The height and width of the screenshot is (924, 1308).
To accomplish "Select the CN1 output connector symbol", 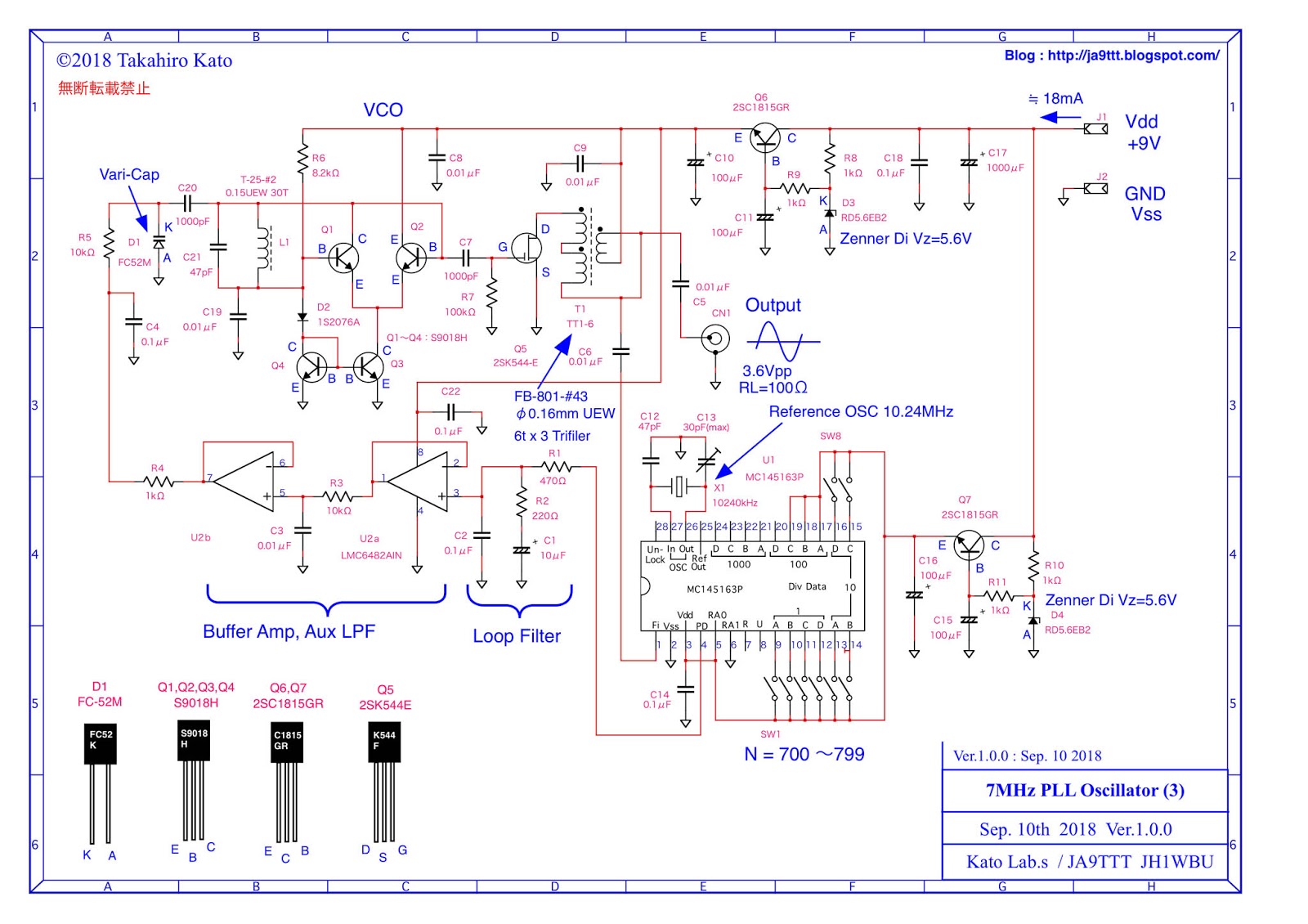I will (715, 338).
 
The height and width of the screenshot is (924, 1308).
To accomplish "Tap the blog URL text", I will (1112, 56).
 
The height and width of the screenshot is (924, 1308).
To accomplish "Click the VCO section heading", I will (383, 110).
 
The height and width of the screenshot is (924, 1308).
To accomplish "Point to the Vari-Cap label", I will (129, 174).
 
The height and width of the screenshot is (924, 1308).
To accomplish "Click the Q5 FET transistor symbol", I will (527, 248).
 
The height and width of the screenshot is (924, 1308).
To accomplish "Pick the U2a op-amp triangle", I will (419, 482).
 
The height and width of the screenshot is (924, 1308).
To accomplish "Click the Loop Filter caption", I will (517, 636).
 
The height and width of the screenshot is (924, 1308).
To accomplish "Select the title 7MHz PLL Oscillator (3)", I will (1085, 791).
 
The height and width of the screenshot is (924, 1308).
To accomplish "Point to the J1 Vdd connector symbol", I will (1095, 129).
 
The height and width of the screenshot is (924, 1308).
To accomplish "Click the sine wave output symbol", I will (782, 340).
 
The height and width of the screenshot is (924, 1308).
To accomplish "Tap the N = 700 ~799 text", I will (804, 755).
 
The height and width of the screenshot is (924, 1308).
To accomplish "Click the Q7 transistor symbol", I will (969, 545).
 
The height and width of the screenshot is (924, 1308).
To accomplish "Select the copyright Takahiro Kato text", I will (144, 61).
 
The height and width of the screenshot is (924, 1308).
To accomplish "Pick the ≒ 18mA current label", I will (1055, 99).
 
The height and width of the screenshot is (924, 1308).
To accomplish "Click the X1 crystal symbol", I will (679, 487).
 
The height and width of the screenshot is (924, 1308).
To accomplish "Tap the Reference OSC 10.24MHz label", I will (861, 412).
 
